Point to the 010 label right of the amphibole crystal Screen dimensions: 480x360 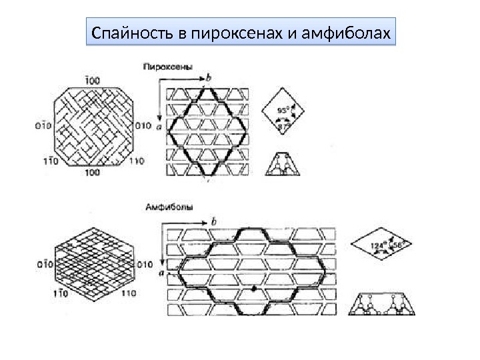tap(145, 265)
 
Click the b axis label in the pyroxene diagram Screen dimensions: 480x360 tap(209, 78)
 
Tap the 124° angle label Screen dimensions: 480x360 tap(378, 245)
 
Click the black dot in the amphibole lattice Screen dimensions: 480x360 tap(254, 290)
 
